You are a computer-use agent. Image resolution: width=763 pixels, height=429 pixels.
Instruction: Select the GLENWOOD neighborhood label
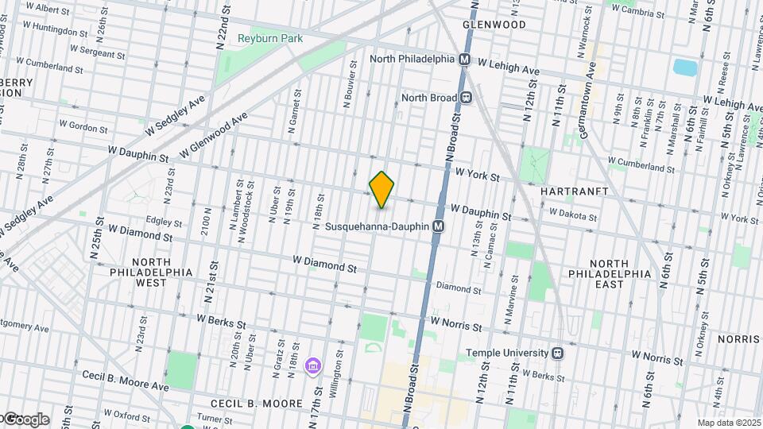[494, 25]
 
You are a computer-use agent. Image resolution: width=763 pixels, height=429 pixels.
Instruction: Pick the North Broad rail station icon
[467, 98]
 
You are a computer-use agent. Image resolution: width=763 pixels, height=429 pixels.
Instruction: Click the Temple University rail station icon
[558, 353]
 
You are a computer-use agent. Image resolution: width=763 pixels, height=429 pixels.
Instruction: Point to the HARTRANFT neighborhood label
[574, 191]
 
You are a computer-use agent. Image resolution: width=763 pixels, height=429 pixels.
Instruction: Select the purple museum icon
[313, 365]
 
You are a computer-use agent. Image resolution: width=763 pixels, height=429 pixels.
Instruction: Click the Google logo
[25, 419]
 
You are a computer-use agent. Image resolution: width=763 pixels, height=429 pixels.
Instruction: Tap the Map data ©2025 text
[728, 423]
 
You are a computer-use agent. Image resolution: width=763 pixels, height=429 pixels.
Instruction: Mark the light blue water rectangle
[683, 68]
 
